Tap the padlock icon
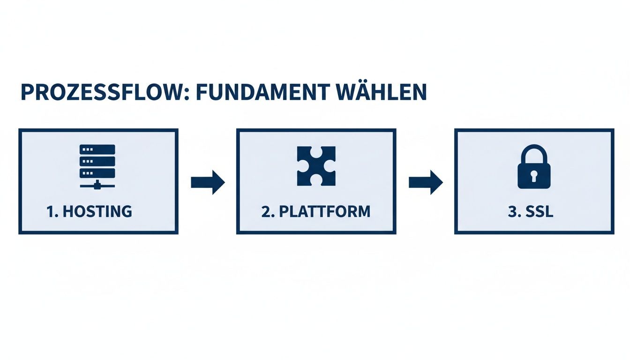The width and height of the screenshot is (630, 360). click(x=534, y=166)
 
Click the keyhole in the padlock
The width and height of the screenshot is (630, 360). click(x=534, y=176)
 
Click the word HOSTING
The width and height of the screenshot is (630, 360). click(x=97, y=211)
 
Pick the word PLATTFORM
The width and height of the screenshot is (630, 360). click(x=324, y=211)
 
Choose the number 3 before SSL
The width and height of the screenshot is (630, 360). click(x=512, y=211)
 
